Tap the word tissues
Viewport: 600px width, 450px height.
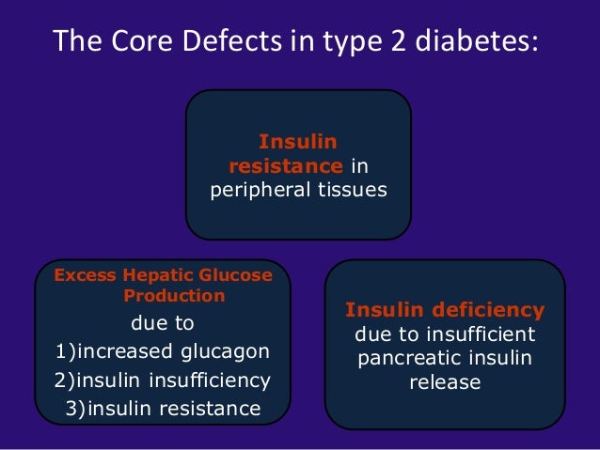(x=351, y=191)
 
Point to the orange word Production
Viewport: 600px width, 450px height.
(x=174, y=296)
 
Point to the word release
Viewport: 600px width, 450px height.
(x=445, y=383)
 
